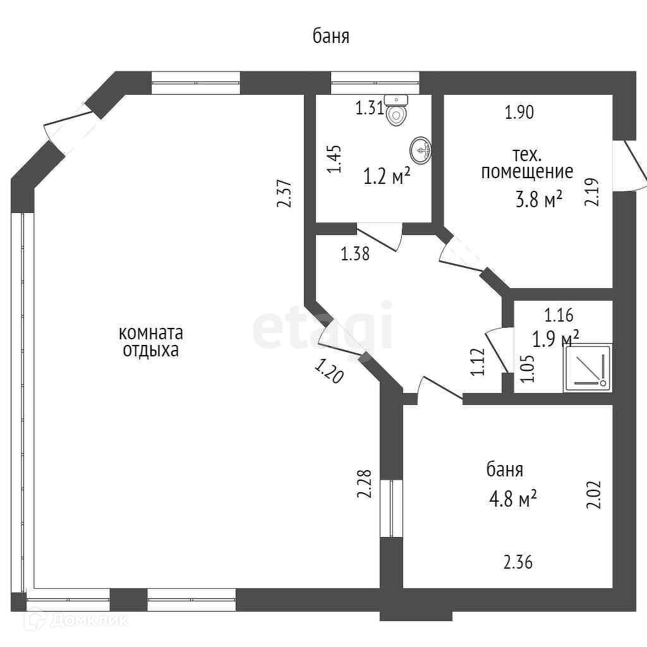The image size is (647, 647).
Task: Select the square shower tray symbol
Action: (x=588, y=368)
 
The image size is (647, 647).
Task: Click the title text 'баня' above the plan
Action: (x=331, y=37)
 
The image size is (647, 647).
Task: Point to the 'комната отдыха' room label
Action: (x=150, y=341)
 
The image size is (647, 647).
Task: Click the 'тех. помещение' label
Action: (x=527, y=163)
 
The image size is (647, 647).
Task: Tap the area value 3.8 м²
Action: (x=538, y=200)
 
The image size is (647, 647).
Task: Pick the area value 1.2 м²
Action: (x=387, y=176)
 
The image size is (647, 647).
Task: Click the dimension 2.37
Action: (x=285, y=194)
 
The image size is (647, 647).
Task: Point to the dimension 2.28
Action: (x=364, y=483)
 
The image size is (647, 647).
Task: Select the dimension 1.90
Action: (x=519, y=112)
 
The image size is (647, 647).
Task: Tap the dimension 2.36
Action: (x=518, y=561)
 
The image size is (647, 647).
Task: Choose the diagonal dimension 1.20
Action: (x=329, y=372)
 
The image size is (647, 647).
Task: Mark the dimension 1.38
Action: (x=354, y=254)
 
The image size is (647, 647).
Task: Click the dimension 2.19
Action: (x=591, y=191)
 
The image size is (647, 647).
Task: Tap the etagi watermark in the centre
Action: (x=323, y=329)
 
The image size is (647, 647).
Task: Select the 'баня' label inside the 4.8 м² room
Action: (x=504, y=470)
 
